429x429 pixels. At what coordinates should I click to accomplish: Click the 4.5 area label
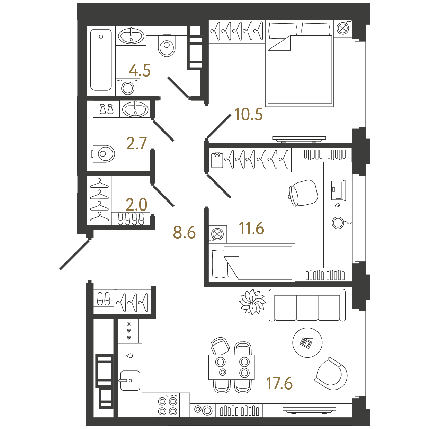pos(140,70)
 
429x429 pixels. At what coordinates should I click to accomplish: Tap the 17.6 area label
pos(279,383)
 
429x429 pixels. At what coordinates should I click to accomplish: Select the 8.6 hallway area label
pos(184,232)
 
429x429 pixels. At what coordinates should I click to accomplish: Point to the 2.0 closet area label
pos(136,205)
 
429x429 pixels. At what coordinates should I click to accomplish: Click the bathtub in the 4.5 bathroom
pos(101,60)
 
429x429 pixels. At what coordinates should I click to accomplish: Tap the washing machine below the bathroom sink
pos(128,87)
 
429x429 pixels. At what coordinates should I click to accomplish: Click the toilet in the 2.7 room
pos(103,154)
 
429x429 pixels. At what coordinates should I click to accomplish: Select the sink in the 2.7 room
pos(135,109)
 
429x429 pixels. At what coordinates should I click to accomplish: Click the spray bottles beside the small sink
pos(106,109)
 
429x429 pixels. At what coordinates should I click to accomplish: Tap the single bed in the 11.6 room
pos(252,262)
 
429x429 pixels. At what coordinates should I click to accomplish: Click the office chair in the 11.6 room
pos(303,193)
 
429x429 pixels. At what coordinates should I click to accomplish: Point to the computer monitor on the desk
pos(338,190)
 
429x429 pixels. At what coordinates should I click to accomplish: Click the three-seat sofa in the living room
pos(307,305)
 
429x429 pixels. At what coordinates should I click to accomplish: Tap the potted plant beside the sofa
pos(252,302)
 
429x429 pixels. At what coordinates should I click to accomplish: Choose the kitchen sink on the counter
pos(130,381)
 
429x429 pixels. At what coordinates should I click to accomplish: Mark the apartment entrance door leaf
pos(74,254)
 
